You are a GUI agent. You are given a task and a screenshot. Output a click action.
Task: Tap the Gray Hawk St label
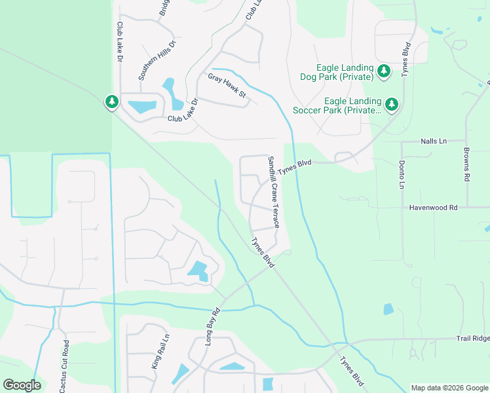[227, 86]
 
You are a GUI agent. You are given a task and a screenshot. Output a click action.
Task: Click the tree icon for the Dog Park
[384, 71]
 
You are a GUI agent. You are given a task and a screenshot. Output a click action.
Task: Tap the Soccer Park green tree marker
[392, 104]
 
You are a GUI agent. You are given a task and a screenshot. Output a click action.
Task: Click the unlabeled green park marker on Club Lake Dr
[112, 102]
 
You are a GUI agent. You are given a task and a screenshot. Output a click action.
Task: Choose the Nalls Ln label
[433, 141]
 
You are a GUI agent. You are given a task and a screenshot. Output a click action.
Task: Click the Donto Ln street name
[402, 174]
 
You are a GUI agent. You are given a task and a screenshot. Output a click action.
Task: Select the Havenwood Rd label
[432, 207]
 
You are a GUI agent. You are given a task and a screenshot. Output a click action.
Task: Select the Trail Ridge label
[472, 339]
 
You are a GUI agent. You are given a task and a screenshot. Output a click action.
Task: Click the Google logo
[22, 385]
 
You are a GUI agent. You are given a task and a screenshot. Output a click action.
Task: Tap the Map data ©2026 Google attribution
[449, 388]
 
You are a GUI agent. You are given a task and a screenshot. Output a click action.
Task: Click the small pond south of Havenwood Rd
[388, 309]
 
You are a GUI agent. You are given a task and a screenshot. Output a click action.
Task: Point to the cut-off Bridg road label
[163, 8]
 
